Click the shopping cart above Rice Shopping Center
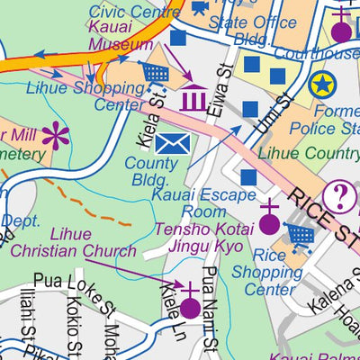pos(301,237)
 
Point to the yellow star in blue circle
pos(320,85)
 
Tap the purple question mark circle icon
pos(340,195)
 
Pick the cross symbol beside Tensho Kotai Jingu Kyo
pos(268,217)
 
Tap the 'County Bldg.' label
pos(151,171)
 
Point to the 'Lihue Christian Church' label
pos(81,243)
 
